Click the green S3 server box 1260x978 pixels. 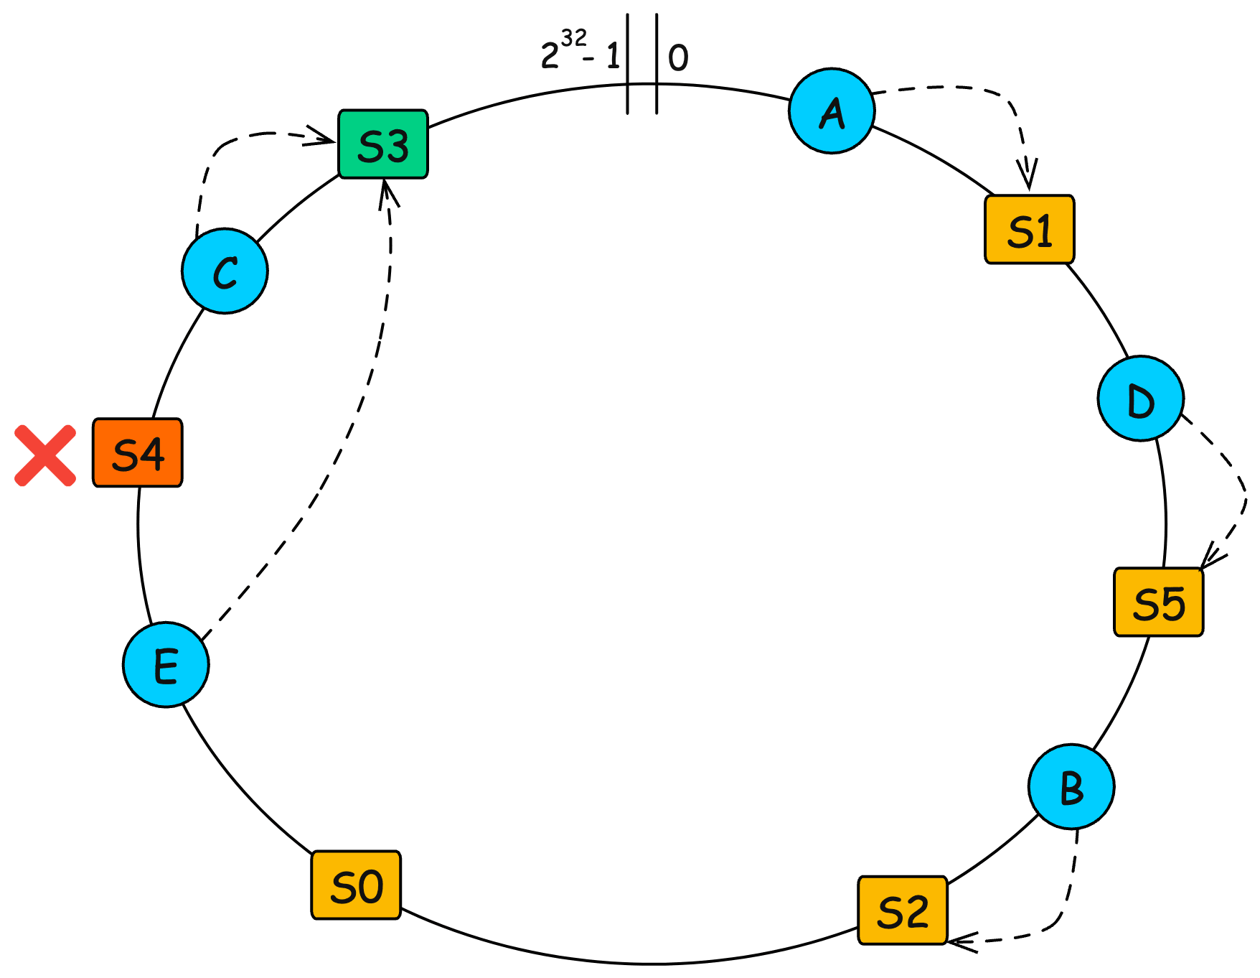click(383, 144)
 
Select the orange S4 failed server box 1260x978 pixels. click(138, 452)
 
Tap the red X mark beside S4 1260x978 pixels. click(45, 455)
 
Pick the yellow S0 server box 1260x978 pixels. click(356, 885)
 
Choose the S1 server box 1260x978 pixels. click(1030, 229)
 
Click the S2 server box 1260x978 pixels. click(903, 910)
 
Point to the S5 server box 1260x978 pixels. click(1158, 602)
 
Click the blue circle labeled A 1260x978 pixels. click(832, 111)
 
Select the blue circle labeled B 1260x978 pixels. click(1071, 786)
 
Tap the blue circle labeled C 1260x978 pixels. click(225, 271)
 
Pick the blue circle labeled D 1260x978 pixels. click(1140, 399)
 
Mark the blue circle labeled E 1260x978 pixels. click(166, 665)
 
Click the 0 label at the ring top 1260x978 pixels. click(678, 58)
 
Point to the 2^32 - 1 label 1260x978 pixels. click(580, 52)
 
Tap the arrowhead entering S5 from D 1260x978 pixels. click(1209, 559)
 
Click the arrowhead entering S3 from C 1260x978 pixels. click(326, 138)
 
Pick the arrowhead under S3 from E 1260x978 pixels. click(387, 190)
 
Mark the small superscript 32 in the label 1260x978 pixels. click(573, 37)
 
